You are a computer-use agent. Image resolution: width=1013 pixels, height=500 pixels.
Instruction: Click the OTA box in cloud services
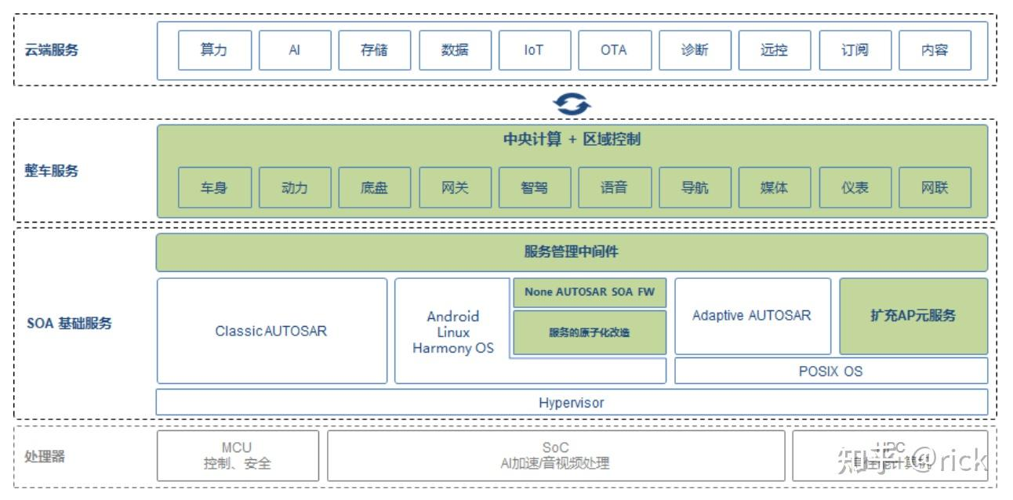[x=614, y=50]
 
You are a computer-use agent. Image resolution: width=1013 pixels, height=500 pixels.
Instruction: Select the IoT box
[x=534, y=50]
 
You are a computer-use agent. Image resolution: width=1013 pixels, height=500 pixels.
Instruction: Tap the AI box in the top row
[x=295, y=50]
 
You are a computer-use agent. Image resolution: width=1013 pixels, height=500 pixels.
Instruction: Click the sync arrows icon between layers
[x=572, y=103]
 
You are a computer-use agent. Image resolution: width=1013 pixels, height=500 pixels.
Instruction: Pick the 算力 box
[x=214, y=50]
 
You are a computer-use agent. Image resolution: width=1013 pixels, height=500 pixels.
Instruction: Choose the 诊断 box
[x=695, y=50]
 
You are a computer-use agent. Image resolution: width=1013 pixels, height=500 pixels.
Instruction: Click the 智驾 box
[x=534, y=187]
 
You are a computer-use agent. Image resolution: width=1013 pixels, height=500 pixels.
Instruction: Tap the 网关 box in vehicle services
[x=455, y=187]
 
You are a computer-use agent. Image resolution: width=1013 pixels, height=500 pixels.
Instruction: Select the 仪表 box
[x=855, y=187]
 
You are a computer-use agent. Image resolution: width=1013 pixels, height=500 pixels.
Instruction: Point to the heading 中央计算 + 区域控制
[x=572, y=139]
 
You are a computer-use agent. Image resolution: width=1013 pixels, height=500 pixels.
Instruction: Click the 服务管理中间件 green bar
[x=572, y=252]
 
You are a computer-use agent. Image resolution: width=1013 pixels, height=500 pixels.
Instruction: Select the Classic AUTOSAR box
[x=271, y=331]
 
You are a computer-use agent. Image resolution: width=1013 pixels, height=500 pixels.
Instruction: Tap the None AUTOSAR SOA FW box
[x=590, y=292]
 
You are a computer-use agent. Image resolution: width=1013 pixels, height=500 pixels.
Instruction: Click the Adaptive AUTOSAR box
[x=752, y=316]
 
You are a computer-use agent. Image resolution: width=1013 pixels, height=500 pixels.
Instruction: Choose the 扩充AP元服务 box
[x=913, y=316]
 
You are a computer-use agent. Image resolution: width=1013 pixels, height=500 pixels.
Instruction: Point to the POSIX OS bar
[x=830, y=371]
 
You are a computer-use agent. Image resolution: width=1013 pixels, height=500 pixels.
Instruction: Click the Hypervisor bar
[x=572, y=403]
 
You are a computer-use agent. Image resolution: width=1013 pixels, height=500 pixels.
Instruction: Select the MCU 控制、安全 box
[x=238, y=455]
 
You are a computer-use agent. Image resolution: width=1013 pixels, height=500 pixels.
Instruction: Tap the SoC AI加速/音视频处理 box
[x=555, y=455]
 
